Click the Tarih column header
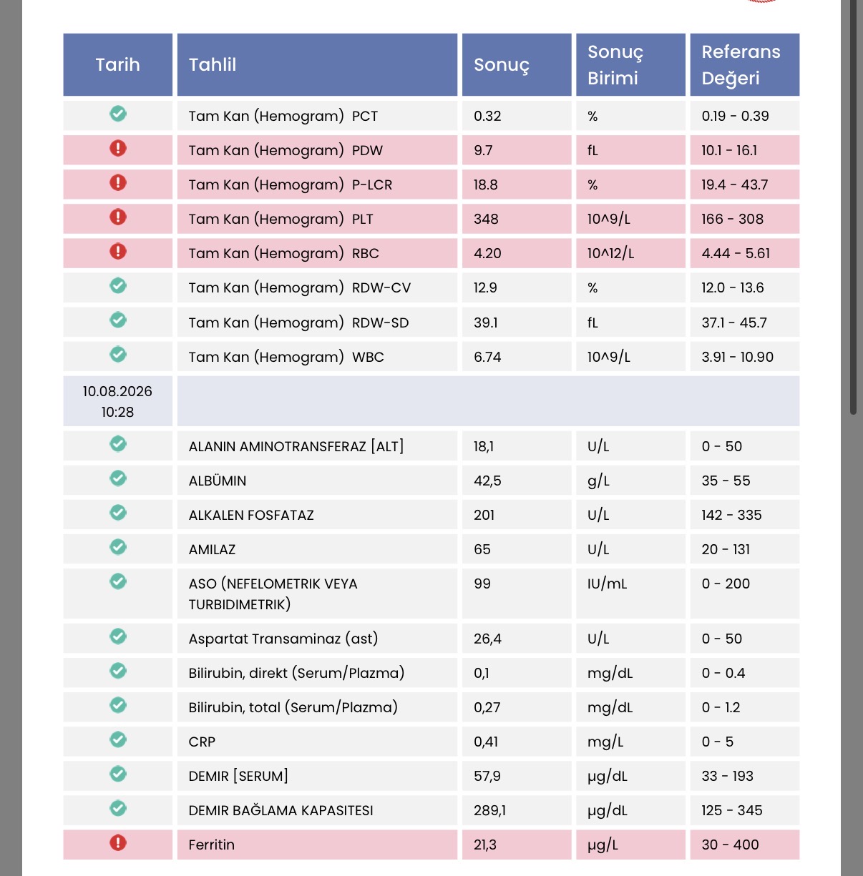117,64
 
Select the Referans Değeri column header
744,64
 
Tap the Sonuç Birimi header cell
630,64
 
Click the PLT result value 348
486,219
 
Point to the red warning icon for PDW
118,148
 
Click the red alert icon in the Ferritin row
118,843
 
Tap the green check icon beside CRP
118,739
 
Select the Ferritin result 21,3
485,845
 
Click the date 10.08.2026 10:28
117,401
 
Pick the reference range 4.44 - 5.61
736,253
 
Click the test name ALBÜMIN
217,481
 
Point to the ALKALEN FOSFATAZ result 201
484,515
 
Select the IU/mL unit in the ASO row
607,584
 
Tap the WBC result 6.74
487,357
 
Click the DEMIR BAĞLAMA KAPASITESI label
281,810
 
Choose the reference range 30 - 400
730,845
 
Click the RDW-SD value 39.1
485,323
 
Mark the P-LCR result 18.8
485,185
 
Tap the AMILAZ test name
212,550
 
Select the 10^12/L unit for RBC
610,253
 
